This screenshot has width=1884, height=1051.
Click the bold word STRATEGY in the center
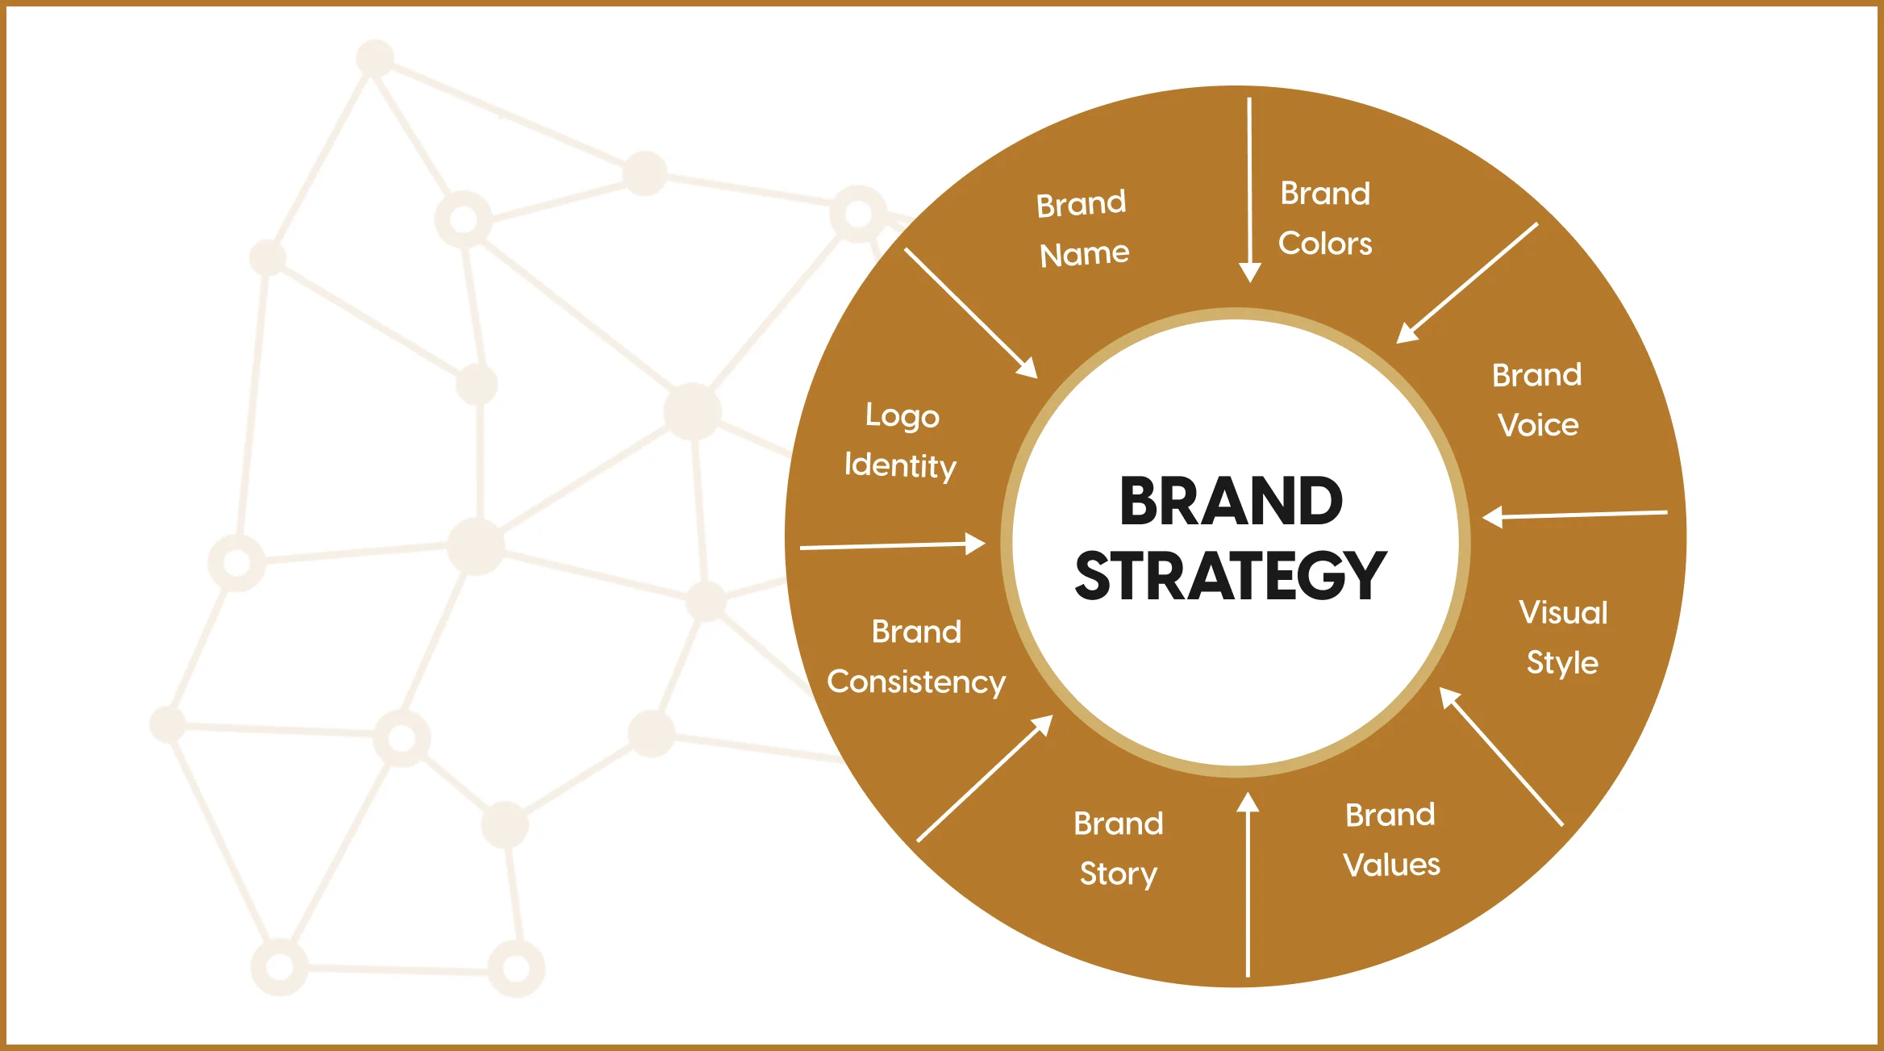coord(1231,576)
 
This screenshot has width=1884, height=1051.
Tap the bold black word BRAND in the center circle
coord(1231,501)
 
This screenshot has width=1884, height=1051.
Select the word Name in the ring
coord(1084,254)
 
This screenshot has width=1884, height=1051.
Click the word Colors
coord(1325,244)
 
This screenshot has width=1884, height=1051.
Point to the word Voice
coord(1538,425)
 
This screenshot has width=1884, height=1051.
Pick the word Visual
coord(1563,613)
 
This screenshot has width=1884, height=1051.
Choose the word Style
coord(1562,663)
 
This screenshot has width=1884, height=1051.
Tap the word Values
coord(1391,865)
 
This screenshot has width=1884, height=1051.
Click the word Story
coord(1119,874)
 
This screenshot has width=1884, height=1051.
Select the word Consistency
coord(916,682)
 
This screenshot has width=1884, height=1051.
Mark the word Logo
coord(902,416)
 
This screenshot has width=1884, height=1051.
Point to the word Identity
coord(900,466)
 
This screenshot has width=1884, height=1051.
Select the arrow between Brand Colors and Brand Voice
coord(1467,283)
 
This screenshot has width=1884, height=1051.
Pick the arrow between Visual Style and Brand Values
coord(1502,757)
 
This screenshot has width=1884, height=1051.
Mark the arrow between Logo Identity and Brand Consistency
coord(892,545)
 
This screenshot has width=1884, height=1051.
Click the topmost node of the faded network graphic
coord(375,58)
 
